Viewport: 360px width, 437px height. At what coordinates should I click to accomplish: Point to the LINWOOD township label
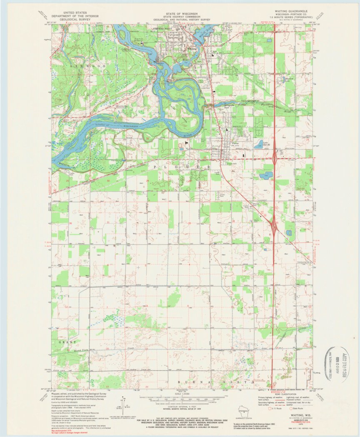(82, 66)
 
